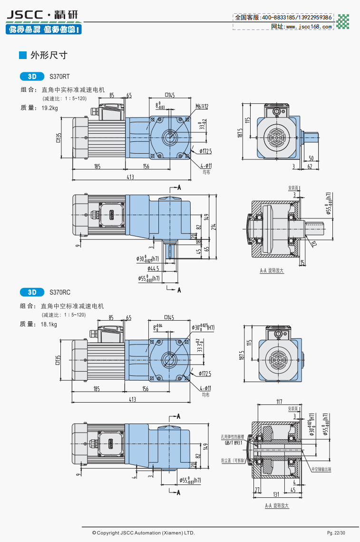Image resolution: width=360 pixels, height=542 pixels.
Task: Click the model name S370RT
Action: [59, 76]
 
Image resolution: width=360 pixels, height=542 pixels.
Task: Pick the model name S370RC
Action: [59, 292]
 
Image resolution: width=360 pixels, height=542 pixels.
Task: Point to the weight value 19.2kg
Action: [49, 108]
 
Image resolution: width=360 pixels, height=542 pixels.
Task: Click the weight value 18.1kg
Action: [49, 325]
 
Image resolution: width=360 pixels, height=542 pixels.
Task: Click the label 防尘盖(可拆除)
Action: [232, 461]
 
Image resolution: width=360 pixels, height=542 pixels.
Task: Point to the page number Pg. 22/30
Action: [336, 532]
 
